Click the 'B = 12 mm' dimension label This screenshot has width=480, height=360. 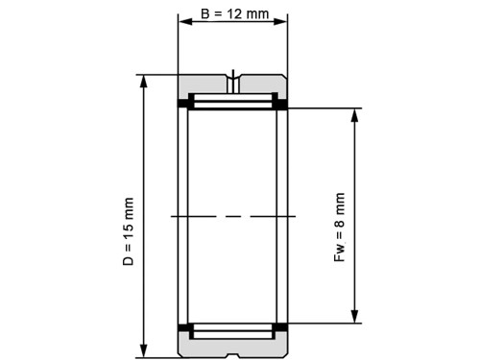[232, 16]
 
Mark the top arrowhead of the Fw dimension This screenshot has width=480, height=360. [356, 114]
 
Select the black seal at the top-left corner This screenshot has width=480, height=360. [182, 103]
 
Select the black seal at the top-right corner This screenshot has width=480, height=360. [283, 103]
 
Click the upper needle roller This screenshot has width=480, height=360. [232, 101]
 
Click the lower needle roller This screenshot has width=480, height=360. [232, 331]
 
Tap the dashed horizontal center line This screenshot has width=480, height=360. [232, 217]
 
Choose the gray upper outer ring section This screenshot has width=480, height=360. [206, 84]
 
